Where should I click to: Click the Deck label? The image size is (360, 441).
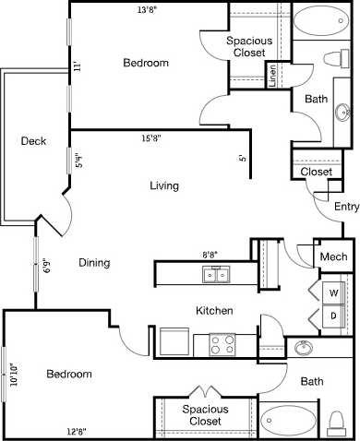pyautogui.click(x=33, y=141)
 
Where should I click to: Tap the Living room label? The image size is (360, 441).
pyautogui.click(x=164, y=185)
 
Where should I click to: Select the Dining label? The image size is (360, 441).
pyautogui.click(x=94, y=263)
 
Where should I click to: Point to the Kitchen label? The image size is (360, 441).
pyautogui.click(x=213, y=311)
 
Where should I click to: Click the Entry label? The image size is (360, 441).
pyautogui.click(x=346, y=208)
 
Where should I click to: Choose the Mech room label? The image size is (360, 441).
pyautogui.click(x=333, y=257)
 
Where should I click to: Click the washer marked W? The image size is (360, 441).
pyautogui.click(x=333, y=292)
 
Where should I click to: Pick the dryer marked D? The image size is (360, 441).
pyautogui.click(x=333, y=316)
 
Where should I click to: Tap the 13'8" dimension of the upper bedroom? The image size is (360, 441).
pyautogui.click(x=149, y=10)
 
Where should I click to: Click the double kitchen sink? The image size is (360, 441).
pyautogui.click(x=217, y=275)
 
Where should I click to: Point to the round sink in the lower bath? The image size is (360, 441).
pyautogui.click(x=304, y=349)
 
